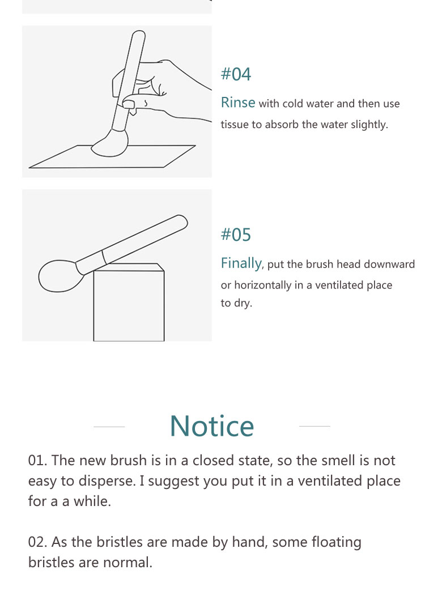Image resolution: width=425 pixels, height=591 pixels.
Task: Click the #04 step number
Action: [x=236, y=74]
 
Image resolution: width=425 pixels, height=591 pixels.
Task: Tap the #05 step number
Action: [x=236, y=235]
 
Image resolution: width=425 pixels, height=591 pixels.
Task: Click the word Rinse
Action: [x=238, y=103]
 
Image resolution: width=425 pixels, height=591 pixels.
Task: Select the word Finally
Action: [x=241, y=263]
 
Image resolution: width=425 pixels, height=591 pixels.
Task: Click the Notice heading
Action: [x=212, y=426]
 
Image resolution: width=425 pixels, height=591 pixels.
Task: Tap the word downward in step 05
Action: [x=389, y=264]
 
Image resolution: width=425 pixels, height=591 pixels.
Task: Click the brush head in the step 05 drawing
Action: [x=59, y=275]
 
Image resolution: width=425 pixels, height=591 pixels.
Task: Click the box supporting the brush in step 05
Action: [x=129, y=303]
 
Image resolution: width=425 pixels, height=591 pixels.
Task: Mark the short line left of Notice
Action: [x=109, y=427]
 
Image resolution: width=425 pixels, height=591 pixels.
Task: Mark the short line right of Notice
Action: [x=314, y=426]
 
